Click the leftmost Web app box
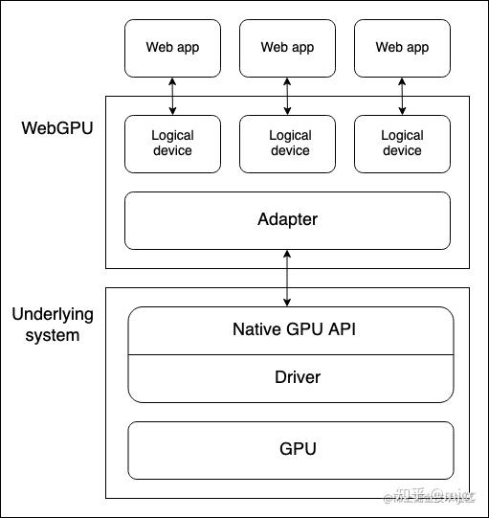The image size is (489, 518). [172, 48]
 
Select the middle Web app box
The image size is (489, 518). [287, 48]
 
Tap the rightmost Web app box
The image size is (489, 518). [402, 48]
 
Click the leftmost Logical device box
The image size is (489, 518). [172, 144]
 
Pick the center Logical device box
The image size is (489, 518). [289, 144]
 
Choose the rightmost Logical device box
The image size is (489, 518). [402, 144]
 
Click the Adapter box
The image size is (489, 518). [287, 220]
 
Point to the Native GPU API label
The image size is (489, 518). [290, 330]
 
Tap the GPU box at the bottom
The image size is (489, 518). [291, 449]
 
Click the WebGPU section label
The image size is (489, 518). [57, 127]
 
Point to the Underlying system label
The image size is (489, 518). [52, 325]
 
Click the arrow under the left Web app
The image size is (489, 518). [172, 96]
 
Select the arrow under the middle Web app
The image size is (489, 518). [287, 96]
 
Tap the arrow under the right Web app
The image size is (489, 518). [402, 96]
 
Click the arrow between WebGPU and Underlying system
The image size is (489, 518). [287, 278]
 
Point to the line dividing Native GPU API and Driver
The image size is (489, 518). [291, 354]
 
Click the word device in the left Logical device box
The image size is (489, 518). [172, 150]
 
